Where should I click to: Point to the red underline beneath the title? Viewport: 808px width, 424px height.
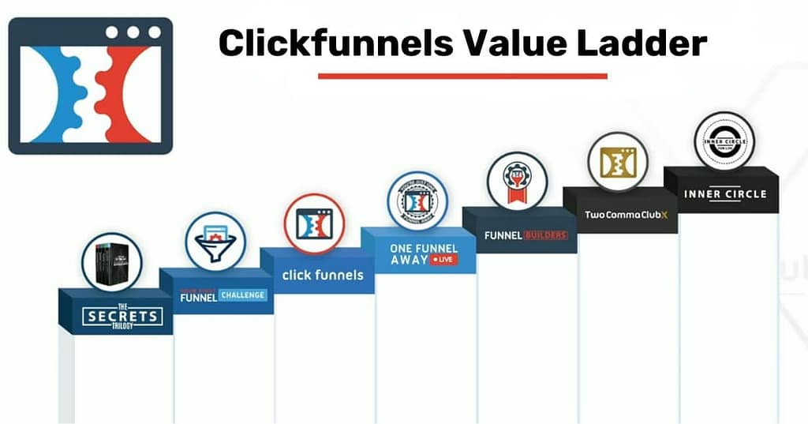(x=462, y=77)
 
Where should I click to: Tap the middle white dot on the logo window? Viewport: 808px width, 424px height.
(x=133, y=33)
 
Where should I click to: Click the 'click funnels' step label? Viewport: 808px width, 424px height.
(x=323, y=275)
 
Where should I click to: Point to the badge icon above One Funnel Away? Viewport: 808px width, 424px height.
(x=417, y=201)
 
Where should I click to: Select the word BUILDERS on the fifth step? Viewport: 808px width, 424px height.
(x=545, y=235)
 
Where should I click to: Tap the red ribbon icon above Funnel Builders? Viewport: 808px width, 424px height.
(x=517, y=182)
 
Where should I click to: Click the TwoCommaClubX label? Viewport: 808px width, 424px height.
(x=620, y=215)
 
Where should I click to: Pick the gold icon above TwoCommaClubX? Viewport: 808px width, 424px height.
(x=618, y=162)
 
